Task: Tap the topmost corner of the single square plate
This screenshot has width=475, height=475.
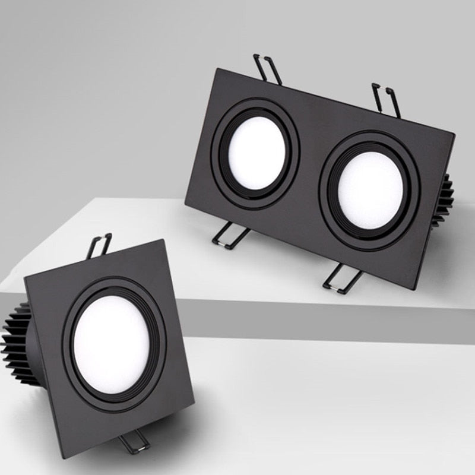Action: pyautogui.click(x=163, y=240)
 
